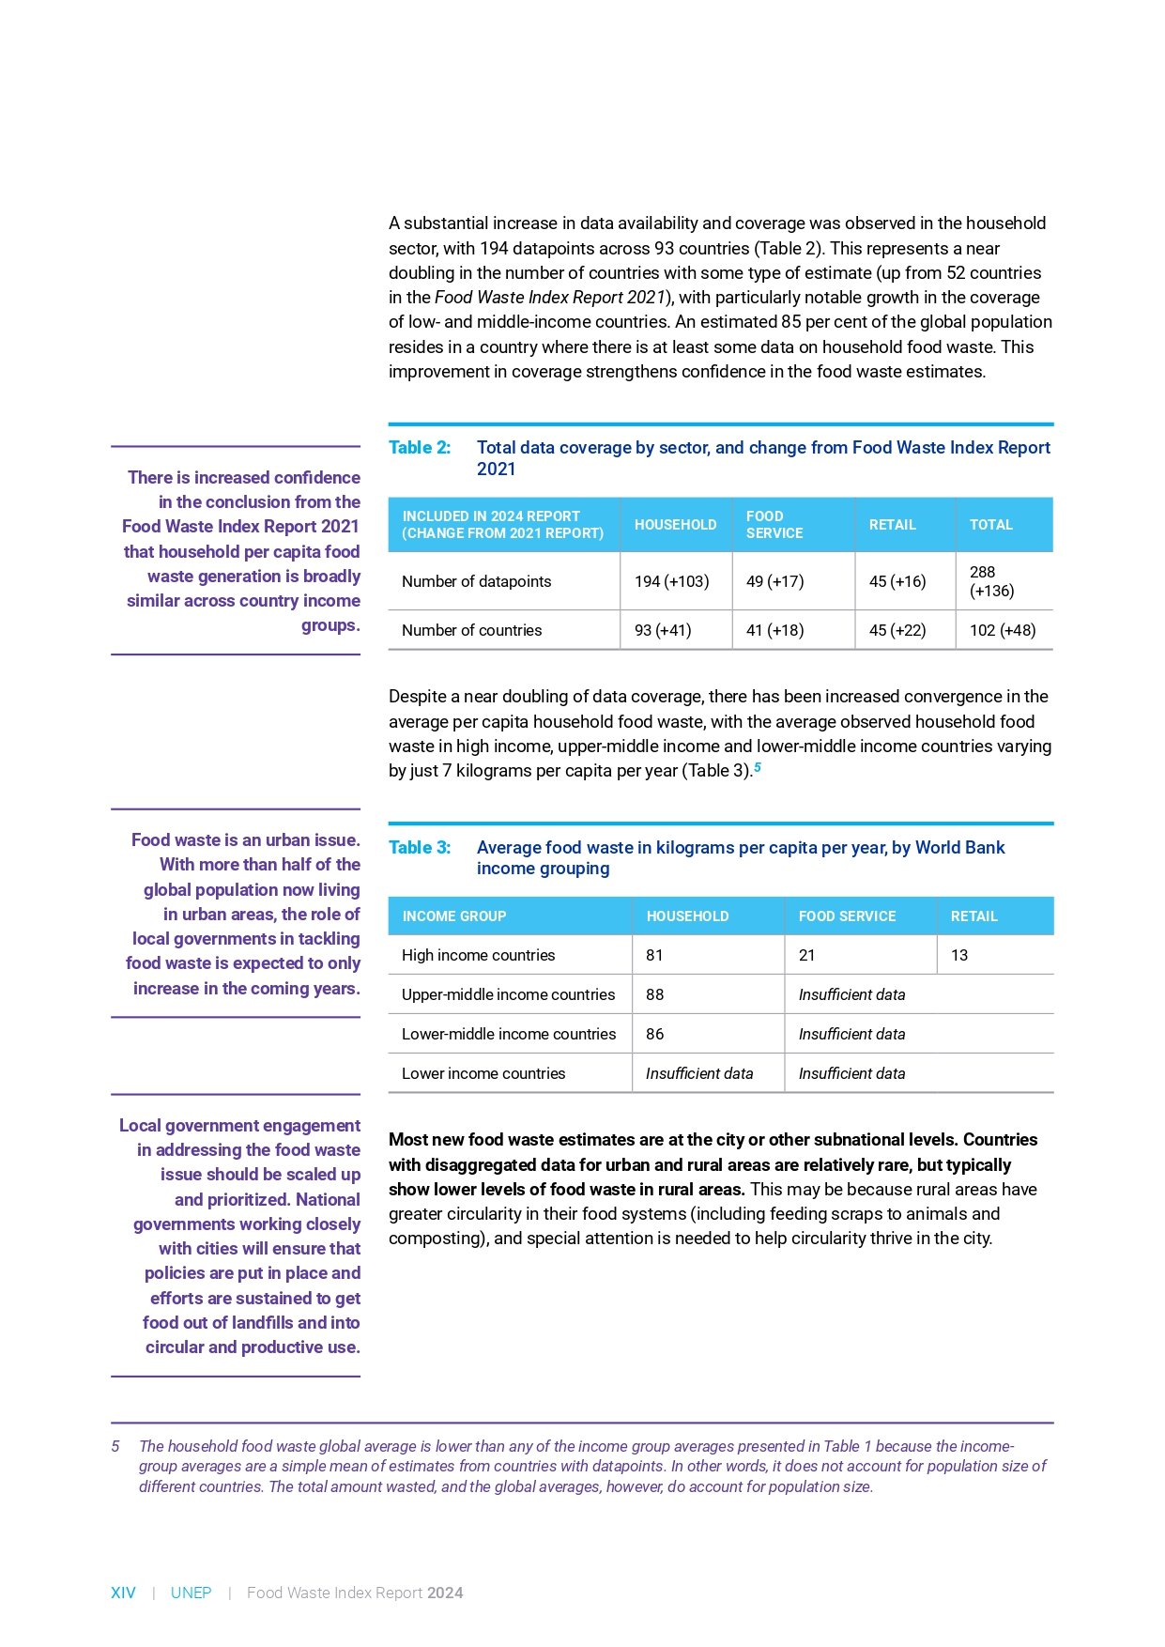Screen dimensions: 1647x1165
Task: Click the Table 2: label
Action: (420, 448)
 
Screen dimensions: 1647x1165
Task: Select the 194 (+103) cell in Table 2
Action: (671, 581)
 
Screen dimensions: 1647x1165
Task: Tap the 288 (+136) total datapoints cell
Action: (991, 581)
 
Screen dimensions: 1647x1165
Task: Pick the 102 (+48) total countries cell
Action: (1002, 630)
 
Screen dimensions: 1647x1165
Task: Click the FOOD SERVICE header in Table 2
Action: (774, 524)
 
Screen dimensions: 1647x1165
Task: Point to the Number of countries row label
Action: (471, 630)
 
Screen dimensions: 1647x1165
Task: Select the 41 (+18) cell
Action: (774, 630)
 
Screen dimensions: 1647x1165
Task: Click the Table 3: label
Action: (420, 848)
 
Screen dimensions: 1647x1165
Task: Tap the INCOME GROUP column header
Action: (453, 916)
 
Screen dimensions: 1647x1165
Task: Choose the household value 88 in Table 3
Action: (654, 994)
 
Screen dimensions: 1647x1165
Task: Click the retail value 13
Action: (958, 955)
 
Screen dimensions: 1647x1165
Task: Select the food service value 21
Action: (806, 955)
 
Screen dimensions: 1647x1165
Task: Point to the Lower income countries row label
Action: (483, 1073)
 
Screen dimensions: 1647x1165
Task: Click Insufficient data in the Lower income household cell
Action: (698, 1073)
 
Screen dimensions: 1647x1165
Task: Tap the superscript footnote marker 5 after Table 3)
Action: (758, 767)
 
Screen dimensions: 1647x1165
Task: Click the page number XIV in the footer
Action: (123, 1593)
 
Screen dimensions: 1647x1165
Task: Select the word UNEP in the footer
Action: (191, 1593)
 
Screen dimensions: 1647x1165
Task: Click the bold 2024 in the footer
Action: (445, 1593)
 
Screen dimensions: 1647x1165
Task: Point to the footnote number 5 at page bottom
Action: (115, 1446)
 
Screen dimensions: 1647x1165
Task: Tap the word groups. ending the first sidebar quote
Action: (330, 625)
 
